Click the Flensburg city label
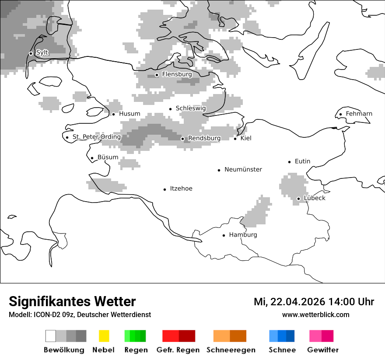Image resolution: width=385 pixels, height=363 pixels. [x=177, y=74]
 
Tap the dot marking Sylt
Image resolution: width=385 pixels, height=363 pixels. [x=31, y=53]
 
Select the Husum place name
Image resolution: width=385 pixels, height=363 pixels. [x=129, y=114]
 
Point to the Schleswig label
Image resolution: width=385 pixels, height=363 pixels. [x=190, y=108]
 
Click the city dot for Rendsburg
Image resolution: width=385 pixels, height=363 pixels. [x=183, y=139]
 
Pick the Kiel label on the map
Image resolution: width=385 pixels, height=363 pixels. [x=246, y=138]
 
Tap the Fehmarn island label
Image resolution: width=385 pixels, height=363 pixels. [x=359, y=114]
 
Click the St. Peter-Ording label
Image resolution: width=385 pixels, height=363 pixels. [x=96, y=137]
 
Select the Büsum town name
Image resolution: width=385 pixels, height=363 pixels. [x=108, y=157]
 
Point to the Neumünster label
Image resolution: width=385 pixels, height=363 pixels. [x=243, y=170]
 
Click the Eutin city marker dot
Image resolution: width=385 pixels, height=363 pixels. [x=289, y=162]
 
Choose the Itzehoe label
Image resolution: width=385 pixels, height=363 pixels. [x=181, y=189]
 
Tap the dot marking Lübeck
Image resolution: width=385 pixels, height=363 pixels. [x=298, y=199]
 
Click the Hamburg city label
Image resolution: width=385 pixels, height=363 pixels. [x=243, y=235]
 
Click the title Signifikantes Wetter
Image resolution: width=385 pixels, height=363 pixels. [x=72, y=301]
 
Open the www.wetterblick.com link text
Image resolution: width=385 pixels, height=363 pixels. [x=315, y=315]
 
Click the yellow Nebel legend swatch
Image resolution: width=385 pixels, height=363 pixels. [x=104, y=336]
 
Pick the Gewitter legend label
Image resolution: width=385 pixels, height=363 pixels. [x=322, y=350]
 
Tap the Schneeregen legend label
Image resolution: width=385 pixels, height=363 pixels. [x=231, y=350]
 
